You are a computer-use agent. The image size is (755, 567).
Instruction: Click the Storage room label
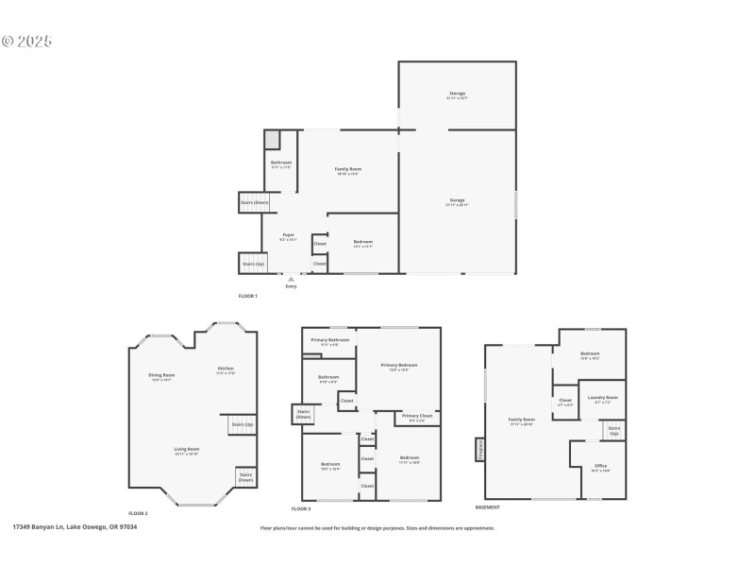[x=457, y=94]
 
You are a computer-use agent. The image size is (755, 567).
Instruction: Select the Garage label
[x=457, y=200]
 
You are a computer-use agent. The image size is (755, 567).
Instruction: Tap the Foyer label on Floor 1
[x=289, y=235]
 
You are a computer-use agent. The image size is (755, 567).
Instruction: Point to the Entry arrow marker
[x=291, y=280]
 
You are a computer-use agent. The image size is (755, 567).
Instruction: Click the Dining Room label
[x=161, y=375]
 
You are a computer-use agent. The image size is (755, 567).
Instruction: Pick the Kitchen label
[x=226, y=368]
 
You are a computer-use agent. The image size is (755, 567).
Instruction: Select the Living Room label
[x=187, y=449]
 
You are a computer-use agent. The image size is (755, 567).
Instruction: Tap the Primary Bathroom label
[x=330, y=339]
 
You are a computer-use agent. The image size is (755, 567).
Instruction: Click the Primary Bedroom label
[x=399, y=365]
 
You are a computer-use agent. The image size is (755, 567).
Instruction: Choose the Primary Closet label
[x=417, y=416]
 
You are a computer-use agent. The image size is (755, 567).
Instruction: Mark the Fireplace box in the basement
[x=479, y=450]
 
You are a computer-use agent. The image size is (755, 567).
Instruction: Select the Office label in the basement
[x=601, y=466]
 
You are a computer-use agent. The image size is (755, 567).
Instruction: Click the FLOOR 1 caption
[x=247, y=296]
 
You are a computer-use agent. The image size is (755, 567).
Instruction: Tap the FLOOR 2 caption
[x=139, y=511]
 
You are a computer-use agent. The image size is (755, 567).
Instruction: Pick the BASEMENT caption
[x=488, y=507]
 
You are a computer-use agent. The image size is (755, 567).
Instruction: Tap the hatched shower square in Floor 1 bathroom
[x=272, y=140]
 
